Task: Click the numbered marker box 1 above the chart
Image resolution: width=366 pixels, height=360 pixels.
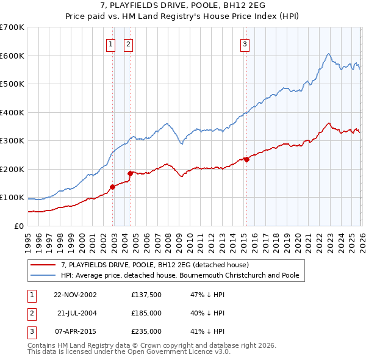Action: coord(110,43)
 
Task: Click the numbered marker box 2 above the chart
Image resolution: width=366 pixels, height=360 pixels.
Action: coord(129,43)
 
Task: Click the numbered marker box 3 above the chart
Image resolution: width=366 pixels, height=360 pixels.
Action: coord(245,43)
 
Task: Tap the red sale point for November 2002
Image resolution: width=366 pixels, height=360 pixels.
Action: coord(113,187)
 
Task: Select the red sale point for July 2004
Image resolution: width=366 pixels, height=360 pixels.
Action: coord(130,173)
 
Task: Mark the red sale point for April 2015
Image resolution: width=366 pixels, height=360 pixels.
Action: coord(246,160)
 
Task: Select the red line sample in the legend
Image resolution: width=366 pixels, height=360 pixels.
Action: coord(43,265)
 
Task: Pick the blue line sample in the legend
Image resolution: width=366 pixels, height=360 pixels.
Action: coord(43,276)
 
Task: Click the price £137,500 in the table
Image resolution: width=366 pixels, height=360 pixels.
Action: coord(146,295)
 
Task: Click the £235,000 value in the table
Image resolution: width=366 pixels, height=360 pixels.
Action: coord(146,331)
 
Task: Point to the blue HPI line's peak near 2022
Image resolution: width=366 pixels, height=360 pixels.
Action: coord(328,54)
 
